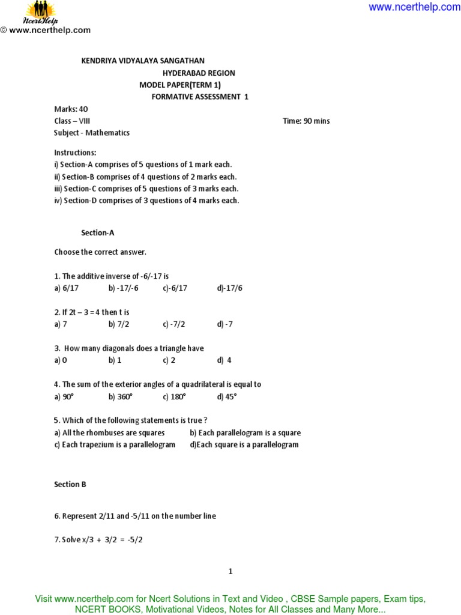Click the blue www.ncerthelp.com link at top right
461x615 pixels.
click(x=414, y=7)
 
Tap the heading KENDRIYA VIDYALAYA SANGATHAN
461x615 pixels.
click(x=143, y=61)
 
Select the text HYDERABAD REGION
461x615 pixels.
click(x=199, y=73)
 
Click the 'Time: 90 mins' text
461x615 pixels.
click(x=306, y=121)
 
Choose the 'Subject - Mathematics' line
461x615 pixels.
click(x=92, y=133)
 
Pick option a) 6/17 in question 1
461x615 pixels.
click(x=67, y=288)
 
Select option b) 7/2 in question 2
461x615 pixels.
click(x=119, y=324)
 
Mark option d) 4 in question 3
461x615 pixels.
click(x=224, y=360)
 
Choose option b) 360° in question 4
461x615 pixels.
click(x=121, y=396)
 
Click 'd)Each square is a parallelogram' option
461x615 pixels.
click(x=244, y=444)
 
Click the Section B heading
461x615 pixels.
click(x=70, y=484)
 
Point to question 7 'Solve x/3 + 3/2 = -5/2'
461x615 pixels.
click(x=98, y=540)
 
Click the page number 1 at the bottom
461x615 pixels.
click(x=230, y=572)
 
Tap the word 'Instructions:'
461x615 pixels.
click(x=75, y=153)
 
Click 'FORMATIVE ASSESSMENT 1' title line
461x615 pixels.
click(x=199, y=97)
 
